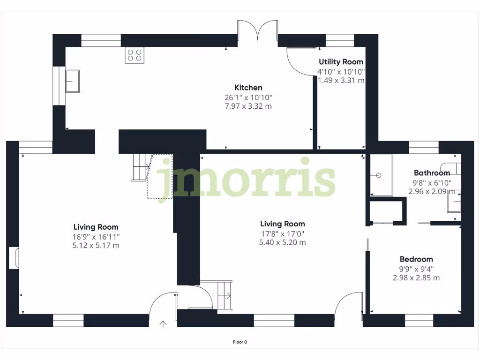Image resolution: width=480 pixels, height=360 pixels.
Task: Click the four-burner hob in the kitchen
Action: coord(135,56)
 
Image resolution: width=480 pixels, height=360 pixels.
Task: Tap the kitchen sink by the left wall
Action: coord(72,81)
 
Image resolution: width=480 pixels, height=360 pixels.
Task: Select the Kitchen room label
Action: coord(248,88)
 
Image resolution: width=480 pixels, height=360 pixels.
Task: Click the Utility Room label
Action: coord(341,62)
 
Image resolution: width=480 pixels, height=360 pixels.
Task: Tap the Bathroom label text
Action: coord(432,173)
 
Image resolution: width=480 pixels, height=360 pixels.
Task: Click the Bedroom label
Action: coord(416,259)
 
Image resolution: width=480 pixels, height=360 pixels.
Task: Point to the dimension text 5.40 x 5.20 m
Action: coord(282,243)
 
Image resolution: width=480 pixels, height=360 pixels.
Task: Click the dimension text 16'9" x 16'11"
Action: coord(96,237)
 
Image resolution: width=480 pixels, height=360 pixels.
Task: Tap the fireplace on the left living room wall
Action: coord(14,258)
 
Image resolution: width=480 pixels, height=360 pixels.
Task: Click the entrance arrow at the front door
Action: coord(163,323)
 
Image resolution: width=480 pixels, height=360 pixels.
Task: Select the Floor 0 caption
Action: coord(240,342)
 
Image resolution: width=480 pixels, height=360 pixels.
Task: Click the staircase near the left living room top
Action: coord(140,167)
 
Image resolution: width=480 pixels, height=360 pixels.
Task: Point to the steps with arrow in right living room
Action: coord(224,295)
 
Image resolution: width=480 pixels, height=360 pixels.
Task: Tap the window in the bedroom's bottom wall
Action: coord(419,321)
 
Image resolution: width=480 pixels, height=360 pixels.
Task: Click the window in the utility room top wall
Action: coord(339,40)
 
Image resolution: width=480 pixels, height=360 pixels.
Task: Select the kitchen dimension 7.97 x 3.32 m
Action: coord(248,106)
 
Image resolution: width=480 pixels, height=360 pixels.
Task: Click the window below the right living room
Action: coord(274,321)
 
